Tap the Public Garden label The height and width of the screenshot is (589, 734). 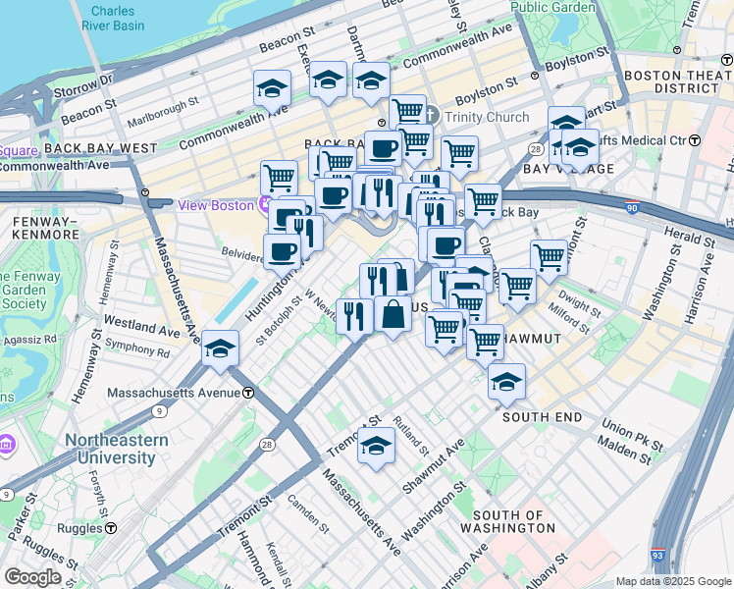point(552,7)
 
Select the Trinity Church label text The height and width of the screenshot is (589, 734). point(486,117)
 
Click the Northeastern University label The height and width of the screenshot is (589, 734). point(116,450)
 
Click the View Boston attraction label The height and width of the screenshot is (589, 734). point(215,205)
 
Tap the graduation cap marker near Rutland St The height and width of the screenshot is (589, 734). point(376,446)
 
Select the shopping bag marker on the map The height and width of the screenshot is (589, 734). point(393,315)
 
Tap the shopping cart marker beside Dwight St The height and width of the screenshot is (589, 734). point(517,287)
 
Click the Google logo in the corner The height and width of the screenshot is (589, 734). point(32,577)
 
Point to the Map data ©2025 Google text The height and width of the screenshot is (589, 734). point(672,581)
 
